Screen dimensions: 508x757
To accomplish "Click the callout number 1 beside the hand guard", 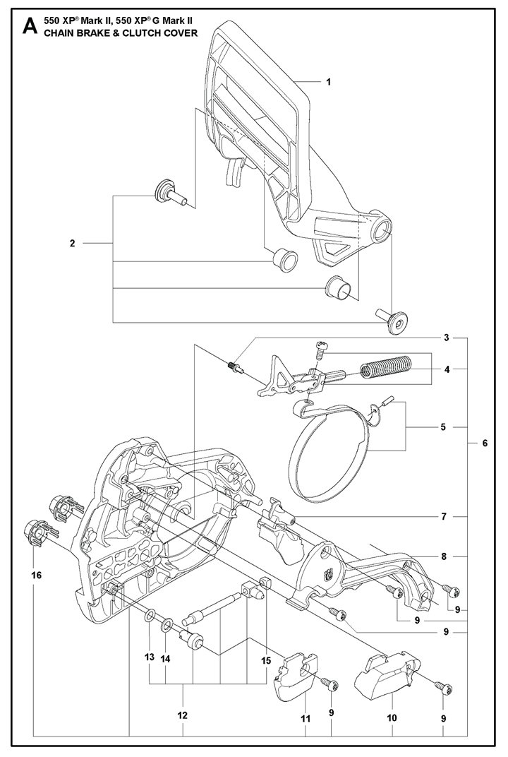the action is [329, 82].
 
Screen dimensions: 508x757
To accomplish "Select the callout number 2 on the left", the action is [73, 244].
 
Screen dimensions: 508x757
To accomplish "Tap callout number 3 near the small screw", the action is [447, 338].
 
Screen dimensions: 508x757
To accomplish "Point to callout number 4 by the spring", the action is [447, 369].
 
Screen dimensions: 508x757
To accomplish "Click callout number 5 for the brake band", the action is [443, 427].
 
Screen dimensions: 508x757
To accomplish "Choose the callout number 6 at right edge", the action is [485, 443].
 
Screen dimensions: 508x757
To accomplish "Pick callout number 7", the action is [444, 517].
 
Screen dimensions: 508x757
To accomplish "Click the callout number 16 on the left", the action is [37, 575].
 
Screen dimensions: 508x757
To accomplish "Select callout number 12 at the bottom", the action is [182, 715].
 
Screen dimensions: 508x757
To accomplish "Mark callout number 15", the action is [266, 661].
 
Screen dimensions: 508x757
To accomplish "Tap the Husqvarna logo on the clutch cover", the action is [329, 576].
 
